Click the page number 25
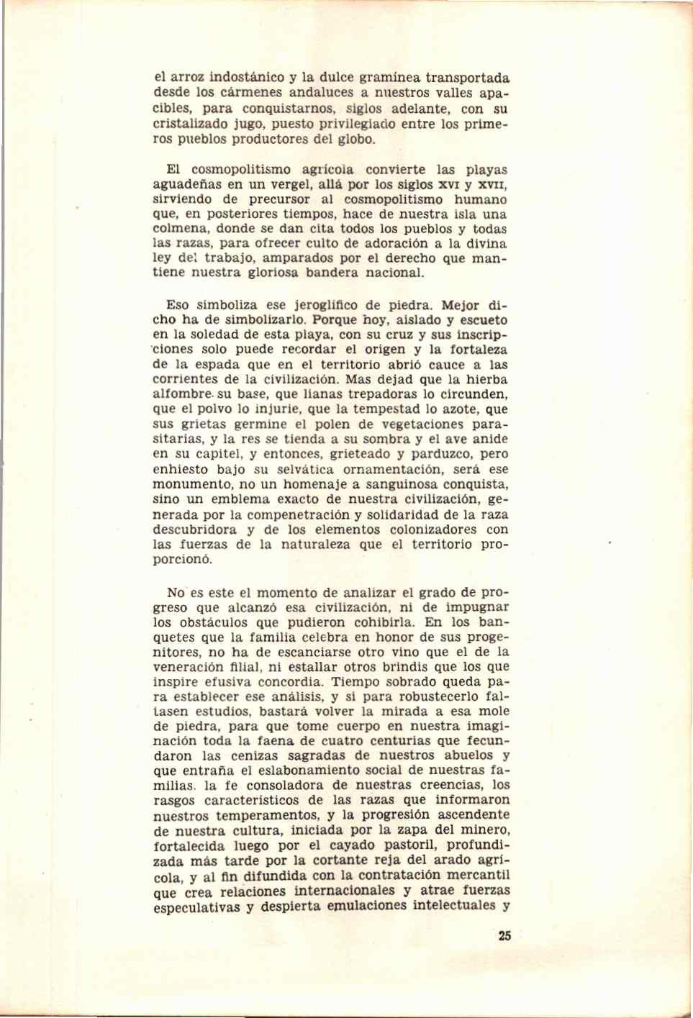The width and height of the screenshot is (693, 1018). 503,936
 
